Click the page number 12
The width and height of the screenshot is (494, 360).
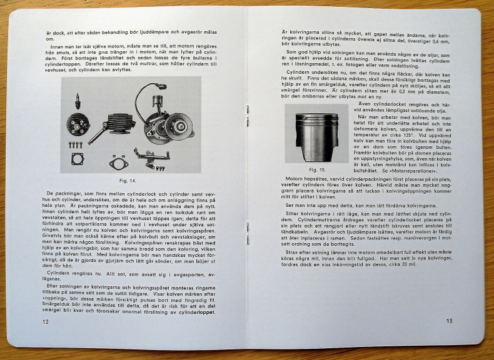pos(45,322)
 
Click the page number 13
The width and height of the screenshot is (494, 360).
pos(449,321)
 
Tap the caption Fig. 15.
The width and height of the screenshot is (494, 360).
pos(317,169)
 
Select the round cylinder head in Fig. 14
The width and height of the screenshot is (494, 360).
pos(78,122)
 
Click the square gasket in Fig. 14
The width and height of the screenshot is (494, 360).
pos(78,159)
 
